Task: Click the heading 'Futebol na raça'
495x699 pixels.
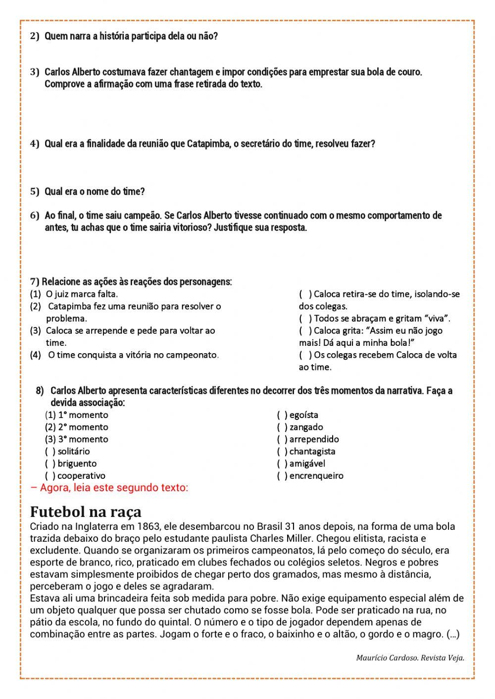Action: (86, 512)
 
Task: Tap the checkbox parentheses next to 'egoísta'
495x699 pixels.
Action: (282, 415)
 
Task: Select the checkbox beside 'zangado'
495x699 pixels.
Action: (282, 427)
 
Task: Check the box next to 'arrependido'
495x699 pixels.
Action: (282, 439)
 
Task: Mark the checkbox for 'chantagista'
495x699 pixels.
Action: (282, 451)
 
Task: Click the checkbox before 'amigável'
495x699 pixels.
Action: (282, 464)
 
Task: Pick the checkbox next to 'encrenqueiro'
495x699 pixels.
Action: (282, 476)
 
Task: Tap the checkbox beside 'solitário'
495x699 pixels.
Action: (50, 451)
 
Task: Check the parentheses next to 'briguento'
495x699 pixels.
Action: (50, 464)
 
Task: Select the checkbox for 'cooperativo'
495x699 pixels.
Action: (50, 476)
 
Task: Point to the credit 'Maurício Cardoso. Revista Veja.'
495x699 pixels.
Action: (410, 658)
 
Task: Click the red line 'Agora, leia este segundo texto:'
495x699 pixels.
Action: (109, 488)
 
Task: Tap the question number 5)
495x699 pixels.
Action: (35, 191)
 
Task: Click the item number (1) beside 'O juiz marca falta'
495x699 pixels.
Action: (36, 294)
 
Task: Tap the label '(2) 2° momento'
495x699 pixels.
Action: (76, 427)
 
